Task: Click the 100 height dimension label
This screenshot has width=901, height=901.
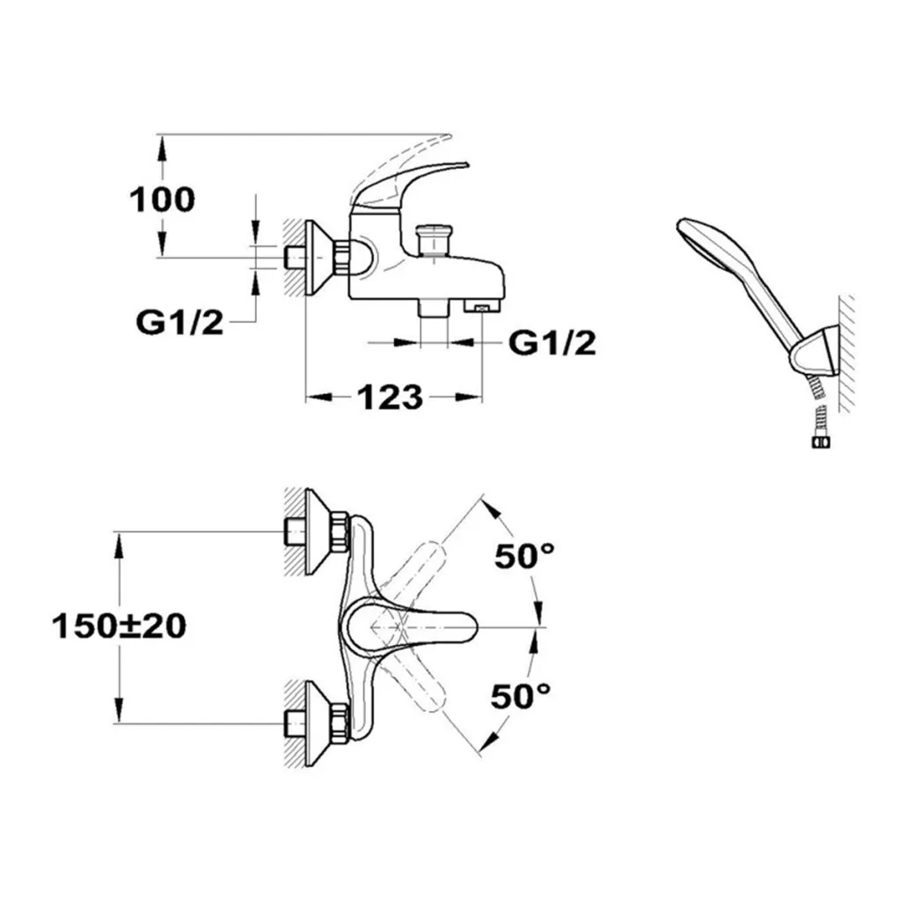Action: pyautogui.click(x=163, y=200)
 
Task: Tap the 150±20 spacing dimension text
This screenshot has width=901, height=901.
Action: pyautogui.click(x=119, y=626)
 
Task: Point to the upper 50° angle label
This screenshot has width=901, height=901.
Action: pyautogui.click(x=524, y=556)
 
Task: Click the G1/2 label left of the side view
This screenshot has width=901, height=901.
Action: pyautogui.click(x=179, y=323)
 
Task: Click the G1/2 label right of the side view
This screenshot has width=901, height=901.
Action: pyautogui.click(x=553, y=343)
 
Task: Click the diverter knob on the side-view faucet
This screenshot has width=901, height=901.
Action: pyautogui.click(x=434, y=238)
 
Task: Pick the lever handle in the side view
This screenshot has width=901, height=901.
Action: pyautogui.click(x=414, y=179)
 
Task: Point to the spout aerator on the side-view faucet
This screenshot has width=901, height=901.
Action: pyautogui.click(x=481, y=307)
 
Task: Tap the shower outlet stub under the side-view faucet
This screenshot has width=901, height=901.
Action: pyautogui.click(x=434, y=308)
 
